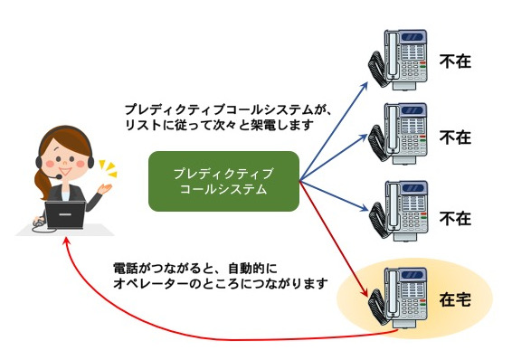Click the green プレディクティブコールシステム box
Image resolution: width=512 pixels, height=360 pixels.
coord(223,181)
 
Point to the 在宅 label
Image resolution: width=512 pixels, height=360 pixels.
coord(455,298)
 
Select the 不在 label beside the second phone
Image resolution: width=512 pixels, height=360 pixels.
coord(455,137)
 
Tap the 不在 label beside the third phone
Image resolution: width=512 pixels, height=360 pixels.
coord(455,218)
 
